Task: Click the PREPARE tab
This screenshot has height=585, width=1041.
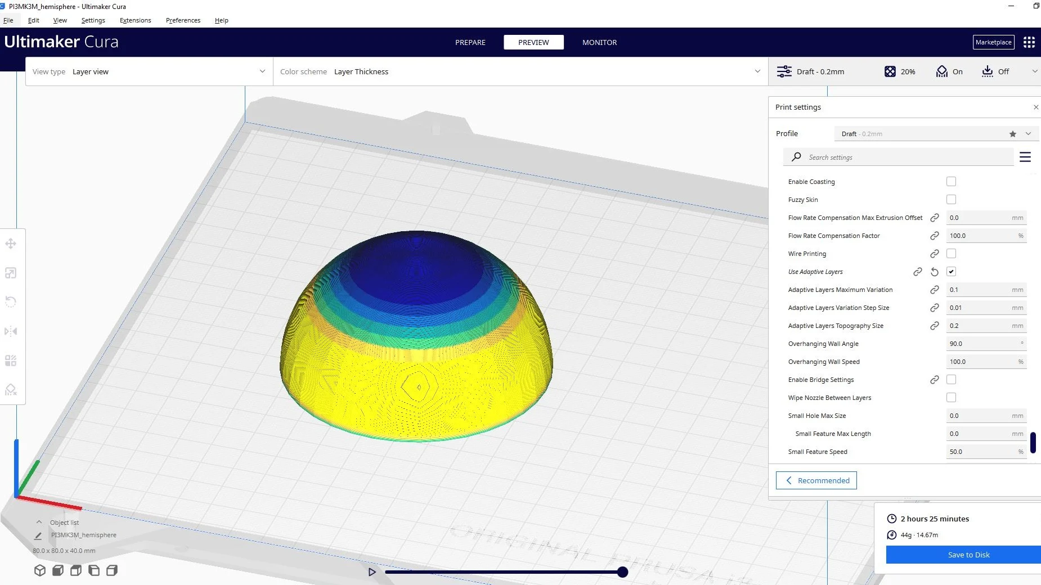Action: tap(470, 42)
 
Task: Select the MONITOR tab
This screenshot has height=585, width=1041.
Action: tap(599, 42)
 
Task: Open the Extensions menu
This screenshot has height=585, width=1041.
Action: tap(135, 20)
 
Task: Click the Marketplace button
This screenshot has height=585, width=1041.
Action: tap(993, 42)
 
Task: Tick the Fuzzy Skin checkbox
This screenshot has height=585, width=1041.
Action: tap(951, 200)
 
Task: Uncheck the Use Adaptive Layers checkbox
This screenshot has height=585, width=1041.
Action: tap(951, 272)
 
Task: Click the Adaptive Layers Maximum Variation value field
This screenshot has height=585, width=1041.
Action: tap(979, 290)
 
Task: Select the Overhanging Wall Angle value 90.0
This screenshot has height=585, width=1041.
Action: tap(979, 344)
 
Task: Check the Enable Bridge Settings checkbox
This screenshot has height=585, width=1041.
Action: tap(951, 380)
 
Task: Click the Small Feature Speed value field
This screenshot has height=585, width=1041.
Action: tap(979, 452)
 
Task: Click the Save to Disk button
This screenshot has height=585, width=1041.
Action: tap(968, 555)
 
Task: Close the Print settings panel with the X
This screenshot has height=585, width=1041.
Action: tap(1036, 107)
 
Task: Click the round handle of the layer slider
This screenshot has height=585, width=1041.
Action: tap(622, 572)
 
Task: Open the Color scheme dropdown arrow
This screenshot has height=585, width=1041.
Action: tap(757, 71)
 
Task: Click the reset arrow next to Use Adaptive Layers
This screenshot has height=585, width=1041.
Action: tap(935, 272)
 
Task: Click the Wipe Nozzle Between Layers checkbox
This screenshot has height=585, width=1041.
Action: tap(951, 398)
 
